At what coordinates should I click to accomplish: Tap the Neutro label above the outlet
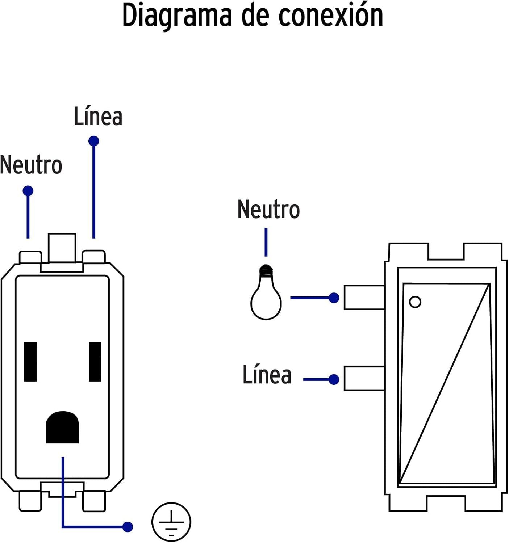31,165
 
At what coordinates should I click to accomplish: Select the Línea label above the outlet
98,117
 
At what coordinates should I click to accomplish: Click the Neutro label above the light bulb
268,210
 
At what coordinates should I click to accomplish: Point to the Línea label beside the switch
267,375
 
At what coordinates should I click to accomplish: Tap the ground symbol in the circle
171,522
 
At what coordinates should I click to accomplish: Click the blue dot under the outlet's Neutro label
28,191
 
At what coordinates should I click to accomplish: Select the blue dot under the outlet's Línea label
94,141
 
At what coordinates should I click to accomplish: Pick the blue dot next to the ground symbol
128,527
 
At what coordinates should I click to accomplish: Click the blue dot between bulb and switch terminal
334,298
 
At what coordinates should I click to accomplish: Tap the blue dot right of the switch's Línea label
334,379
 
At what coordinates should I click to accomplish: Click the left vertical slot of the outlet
30,362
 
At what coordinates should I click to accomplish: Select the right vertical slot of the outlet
95,362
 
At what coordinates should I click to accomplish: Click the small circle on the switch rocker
415,302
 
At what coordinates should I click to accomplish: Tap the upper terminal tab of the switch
364,298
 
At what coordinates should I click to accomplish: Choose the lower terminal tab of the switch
364,379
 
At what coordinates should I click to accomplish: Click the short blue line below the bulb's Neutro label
266,242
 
